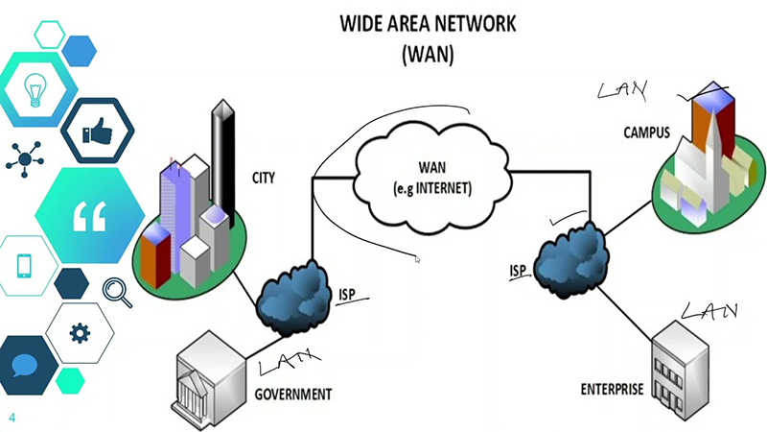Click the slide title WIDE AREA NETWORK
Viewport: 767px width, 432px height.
(x=429, y=23)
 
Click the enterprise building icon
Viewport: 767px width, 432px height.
(x=683, y=365)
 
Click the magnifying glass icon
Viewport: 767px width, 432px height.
(x=116, y=290)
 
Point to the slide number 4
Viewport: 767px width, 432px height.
(x=12, y=418)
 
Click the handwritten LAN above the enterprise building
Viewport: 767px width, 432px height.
(x=710, y=310)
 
